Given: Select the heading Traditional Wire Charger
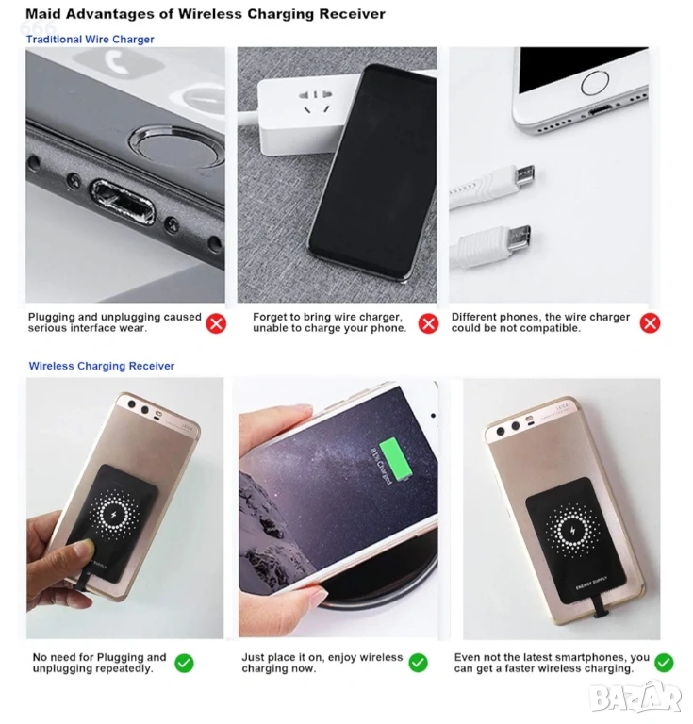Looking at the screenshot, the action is pyautogui.click(x=90, y=40).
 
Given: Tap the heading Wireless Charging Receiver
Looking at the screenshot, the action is pyautogui.click(x=102, y=366).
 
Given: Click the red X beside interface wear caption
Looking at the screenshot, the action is pyautogui.click(x=216, y=323).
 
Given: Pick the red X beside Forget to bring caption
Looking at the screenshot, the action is pyautogui.click(x=428, y=323).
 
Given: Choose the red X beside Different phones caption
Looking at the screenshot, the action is pyautogui.click(x=650, y=323).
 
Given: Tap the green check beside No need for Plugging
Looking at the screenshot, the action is pyautogui.click(x=184, y=663).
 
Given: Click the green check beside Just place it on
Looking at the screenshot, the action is pyautogui.click(x=419, y=663).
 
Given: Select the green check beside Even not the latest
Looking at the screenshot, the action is pyautogui.click(x=664, y=663).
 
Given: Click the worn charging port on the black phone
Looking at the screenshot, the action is pyautogui.click(x=123, y=202).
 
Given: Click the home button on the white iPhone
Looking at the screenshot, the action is pyautogui.click(x=595, y=84).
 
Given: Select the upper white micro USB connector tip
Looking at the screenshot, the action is pyautogui.click(x=525, y=174).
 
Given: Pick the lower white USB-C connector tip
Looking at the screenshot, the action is pyautogui.click(x=520, y=238).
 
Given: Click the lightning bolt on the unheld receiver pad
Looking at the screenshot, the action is pyautogui.click(x=572, y=531).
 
